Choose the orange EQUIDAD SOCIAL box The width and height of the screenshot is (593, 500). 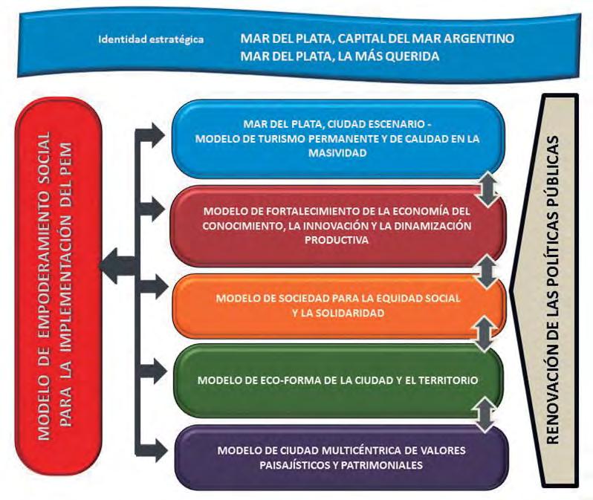pos(338,305)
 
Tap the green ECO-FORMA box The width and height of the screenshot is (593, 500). pos(338,380)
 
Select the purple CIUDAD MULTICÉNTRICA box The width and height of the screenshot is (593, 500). pos(338,457)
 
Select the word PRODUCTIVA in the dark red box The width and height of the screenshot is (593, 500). pos(339,240)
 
